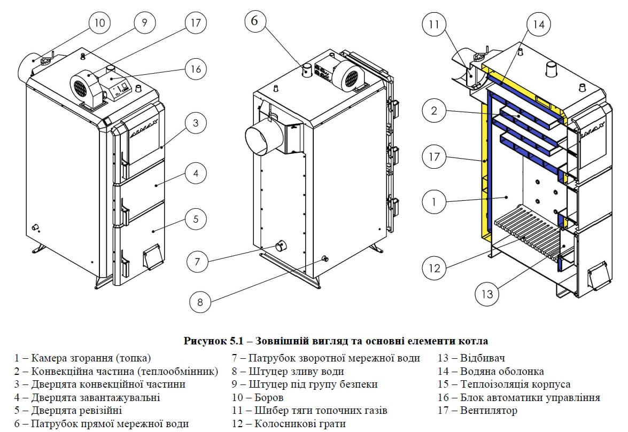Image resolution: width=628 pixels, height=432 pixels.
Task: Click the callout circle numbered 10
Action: tap(100, 23)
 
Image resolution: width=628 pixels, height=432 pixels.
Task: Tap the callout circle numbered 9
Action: tap(144, 23)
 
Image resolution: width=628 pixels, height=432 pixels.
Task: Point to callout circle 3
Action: tap(196, 123)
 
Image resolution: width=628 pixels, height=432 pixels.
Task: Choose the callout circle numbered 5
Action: tap(196, 218)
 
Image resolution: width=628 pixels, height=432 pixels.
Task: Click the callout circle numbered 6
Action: tap(254, 21)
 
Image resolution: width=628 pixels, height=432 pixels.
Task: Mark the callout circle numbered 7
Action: tap(197, 262)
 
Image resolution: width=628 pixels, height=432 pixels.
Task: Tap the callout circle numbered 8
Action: tap(200, 302)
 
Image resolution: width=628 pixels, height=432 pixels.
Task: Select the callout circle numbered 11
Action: tap(434, 24)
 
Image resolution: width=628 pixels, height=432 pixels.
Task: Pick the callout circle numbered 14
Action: tap(539, 23)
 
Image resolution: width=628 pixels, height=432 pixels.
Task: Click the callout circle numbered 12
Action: tap(435, 268)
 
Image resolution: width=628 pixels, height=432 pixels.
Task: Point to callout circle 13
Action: tap(487, 293)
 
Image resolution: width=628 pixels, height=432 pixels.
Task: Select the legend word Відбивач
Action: tap(480, 358)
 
